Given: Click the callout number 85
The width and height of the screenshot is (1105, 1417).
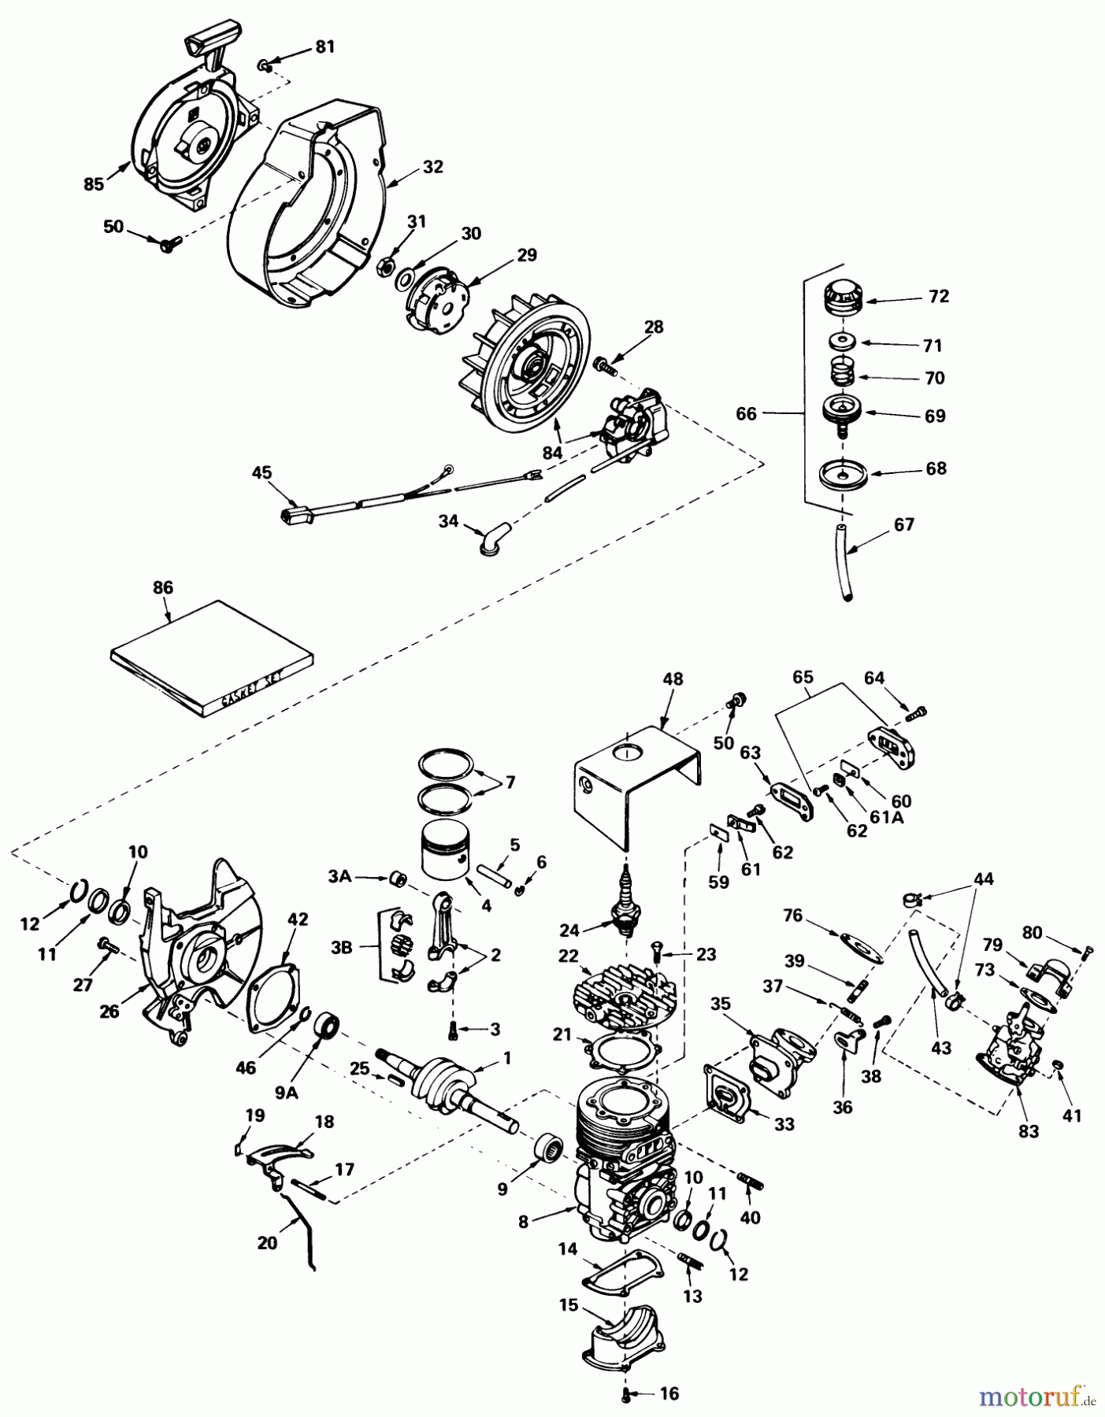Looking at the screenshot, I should point(93,184).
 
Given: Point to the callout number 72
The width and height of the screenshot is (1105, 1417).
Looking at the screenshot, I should point(939,296).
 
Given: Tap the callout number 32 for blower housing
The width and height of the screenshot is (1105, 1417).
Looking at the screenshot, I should point(432,167).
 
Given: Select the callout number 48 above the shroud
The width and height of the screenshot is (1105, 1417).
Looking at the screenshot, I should point(673,679).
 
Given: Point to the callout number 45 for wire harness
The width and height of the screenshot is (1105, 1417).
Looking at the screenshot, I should point(261,472).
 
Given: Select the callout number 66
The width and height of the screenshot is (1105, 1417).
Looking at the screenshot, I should point(746,413).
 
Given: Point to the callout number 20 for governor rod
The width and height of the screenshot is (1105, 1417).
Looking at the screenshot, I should point(267,1242).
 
